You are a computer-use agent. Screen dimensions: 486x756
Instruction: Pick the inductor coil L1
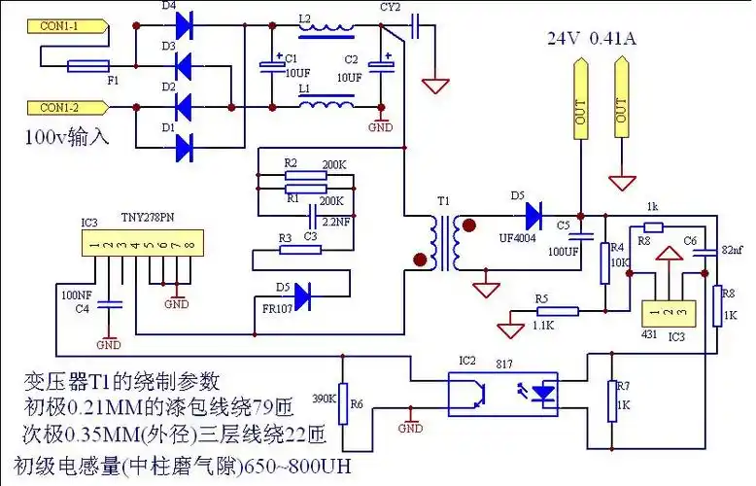click(326, 102)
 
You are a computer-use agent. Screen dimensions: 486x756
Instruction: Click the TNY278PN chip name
click(149, 219)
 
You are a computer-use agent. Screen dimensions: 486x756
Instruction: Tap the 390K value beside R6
click(324, 399)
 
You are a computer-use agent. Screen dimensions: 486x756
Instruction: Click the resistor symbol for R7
click(612, 400)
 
